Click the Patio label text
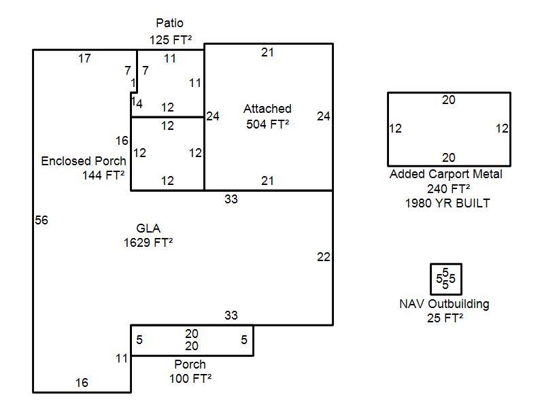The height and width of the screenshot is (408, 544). (169, 24)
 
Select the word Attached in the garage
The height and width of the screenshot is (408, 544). (267, 109)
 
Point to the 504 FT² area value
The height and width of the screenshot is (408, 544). (267, 124)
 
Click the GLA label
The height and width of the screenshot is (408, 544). (148, 228)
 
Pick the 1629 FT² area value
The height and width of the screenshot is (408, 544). (143, 242)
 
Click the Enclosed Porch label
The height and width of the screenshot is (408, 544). (84, 161)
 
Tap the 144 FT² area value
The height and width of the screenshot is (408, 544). (103, 175)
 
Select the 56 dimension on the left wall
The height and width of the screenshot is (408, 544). (41, 220)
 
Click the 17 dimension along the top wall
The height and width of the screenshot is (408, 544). (84, 59)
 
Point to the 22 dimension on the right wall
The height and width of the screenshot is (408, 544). (323, 257)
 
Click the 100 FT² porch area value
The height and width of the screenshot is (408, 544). (190, 378)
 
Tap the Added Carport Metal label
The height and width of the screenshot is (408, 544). (446, 174)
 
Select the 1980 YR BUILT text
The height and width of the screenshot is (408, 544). (447, 203)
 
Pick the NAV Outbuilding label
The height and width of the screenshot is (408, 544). (444, 304)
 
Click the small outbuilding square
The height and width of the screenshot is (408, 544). (445, 279)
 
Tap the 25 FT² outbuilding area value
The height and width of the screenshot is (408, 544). (445, 318)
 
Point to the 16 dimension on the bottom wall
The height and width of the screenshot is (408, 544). (82, 383)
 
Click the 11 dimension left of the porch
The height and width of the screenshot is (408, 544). (122, 358)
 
